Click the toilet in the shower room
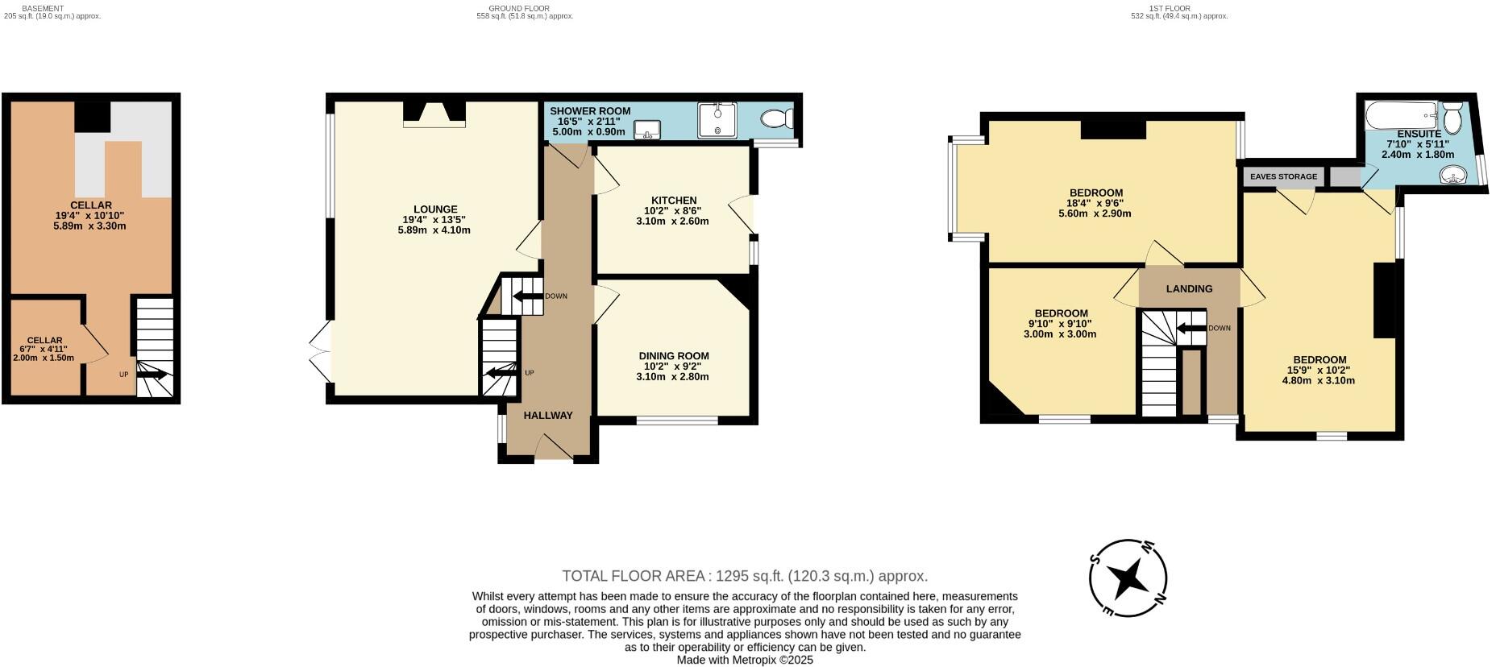776,119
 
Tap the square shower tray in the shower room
717,119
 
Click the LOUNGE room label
435,209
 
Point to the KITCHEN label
674,201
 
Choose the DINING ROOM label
674,356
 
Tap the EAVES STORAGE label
1283,176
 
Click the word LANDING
1189,289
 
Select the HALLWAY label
548,416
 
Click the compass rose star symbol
1128,578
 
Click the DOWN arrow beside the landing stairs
1191,328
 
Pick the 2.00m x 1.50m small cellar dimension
44,358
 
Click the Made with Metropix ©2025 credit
745,660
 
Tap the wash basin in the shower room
647,130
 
